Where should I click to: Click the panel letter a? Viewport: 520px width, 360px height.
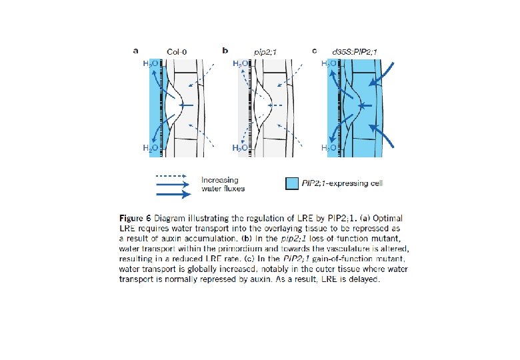136,49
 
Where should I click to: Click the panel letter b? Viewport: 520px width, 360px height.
225,49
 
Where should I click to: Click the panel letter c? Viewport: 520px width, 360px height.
315,49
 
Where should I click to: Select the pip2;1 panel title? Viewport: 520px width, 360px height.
266,50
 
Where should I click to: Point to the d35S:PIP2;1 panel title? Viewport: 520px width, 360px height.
354,50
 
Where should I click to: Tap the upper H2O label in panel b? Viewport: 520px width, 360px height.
240,63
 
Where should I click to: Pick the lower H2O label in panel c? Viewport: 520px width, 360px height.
329,147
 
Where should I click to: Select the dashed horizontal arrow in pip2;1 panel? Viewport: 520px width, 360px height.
275,105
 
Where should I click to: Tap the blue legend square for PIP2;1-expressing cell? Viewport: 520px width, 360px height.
290,184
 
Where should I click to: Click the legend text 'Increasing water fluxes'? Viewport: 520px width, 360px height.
223,184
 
